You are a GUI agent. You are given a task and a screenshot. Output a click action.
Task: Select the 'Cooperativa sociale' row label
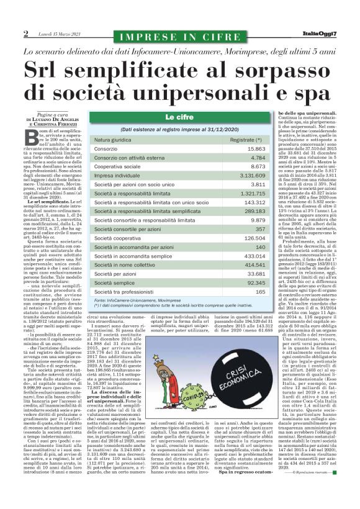pos(123,167)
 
